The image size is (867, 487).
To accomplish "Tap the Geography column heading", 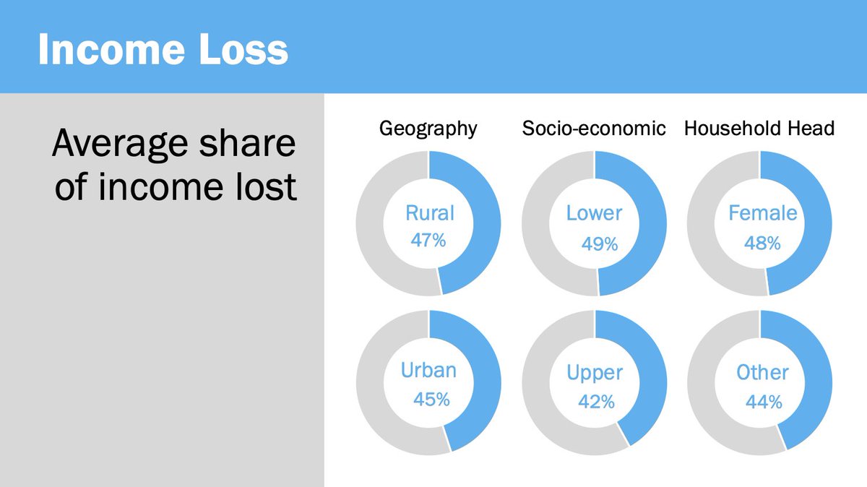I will click(x=428, y=129).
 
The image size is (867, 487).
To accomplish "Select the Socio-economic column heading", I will click(x=594, y=129).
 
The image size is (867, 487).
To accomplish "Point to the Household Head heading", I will click(x=759, y=129).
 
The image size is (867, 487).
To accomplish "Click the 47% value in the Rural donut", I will click(x=428, y=240).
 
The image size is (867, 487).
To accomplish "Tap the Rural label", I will click(x=429, y=213).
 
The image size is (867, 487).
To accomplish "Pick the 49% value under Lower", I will click(x=600, y=244).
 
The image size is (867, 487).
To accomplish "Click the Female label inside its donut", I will click(x=762, y=213).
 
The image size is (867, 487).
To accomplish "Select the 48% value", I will click(x=762, y=243).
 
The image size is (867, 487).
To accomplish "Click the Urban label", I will click(x=428, y=371).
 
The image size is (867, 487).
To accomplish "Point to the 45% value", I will click(x=431, y=399).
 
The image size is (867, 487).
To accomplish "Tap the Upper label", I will click(x=595, y=373).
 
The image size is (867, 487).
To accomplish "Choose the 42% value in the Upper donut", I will click(x=596, y=402).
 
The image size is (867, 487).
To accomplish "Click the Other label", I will click(x=762, y=373).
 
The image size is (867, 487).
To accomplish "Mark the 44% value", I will click(x=764, y=402).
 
